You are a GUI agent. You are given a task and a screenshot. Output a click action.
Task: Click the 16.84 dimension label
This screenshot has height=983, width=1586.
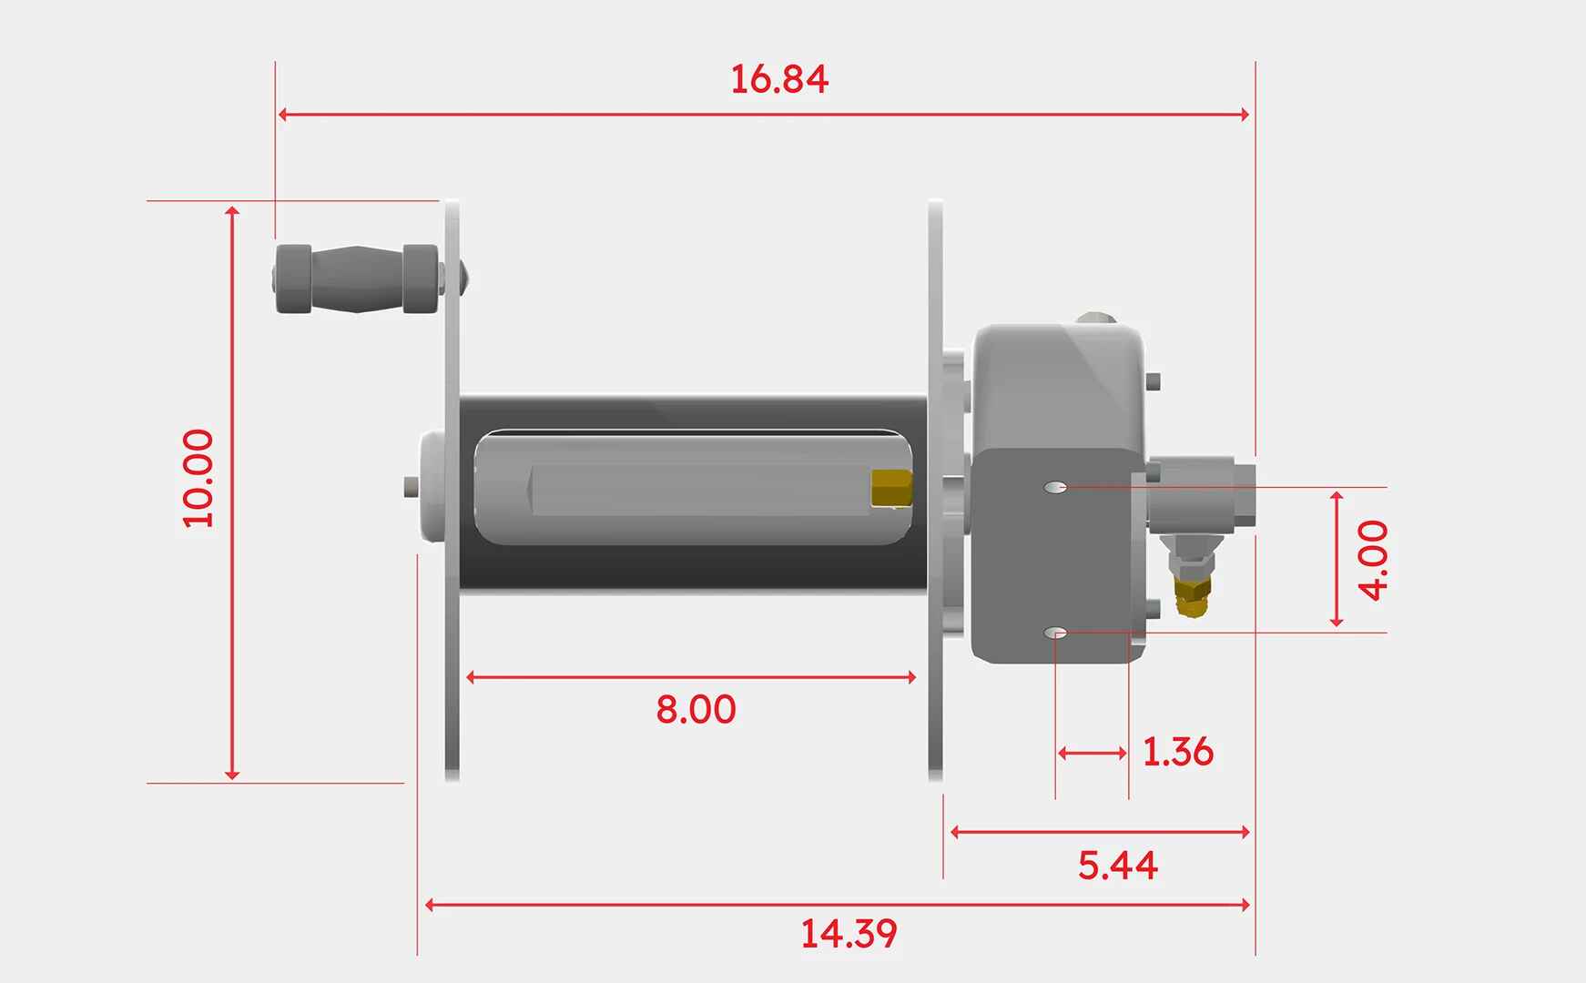coord(779,79)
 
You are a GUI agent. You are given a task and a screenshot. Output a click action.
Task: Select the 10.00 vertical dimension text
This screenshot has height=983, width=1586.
coord(198,478)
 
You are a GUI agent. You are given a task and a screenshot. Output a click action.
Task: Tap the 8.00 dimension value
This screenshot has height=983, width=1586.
coord(696,709)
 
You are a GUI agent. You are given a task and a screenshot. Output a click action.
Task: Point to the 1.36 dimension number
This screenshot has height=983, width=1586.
coord(1177,752)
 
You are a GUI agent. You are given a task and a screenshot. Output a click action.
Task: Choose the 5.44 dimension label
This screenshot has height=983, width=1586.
coord(1117,865)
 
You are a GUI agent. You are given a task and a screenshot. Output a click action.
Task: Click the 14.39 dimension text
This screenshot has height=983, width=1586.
coord(849,934)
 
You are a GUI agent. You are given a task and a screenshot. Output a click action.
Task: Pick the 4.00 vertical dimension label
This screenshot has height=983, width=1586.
coord(1373,560)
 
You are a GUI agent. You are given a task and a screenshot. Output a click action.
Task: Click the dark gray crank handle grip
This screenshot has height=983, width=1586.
coord(358,279)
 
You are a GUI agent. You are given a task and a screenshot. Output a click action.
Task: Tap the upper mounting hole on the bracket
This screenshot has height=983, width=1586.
coord(1056,487)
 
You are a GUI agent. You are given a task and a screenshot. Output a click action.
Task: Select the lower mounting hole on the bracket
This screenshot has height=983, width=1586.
coord(1056,633)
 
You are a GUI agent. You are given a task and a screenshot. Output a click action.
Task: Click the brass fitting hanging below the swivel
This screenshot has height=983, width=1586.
coord(1191,595)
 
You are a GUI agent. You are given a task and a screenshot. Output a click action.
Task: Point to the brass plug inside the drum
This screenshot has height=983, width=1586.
coord(890,488)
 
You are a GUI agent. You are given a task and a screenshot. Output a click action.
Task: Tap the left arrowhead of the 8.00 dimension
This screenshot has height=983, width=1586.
coord(471,677)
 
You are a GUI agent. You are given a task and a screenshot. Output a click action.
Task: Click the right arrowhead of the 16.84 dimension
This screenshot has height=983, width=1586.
coord(1245,114)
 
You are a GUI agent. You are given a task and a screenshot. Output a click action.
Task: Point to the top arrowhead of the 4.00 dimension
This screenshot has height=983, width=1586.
coord(1336,496)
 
